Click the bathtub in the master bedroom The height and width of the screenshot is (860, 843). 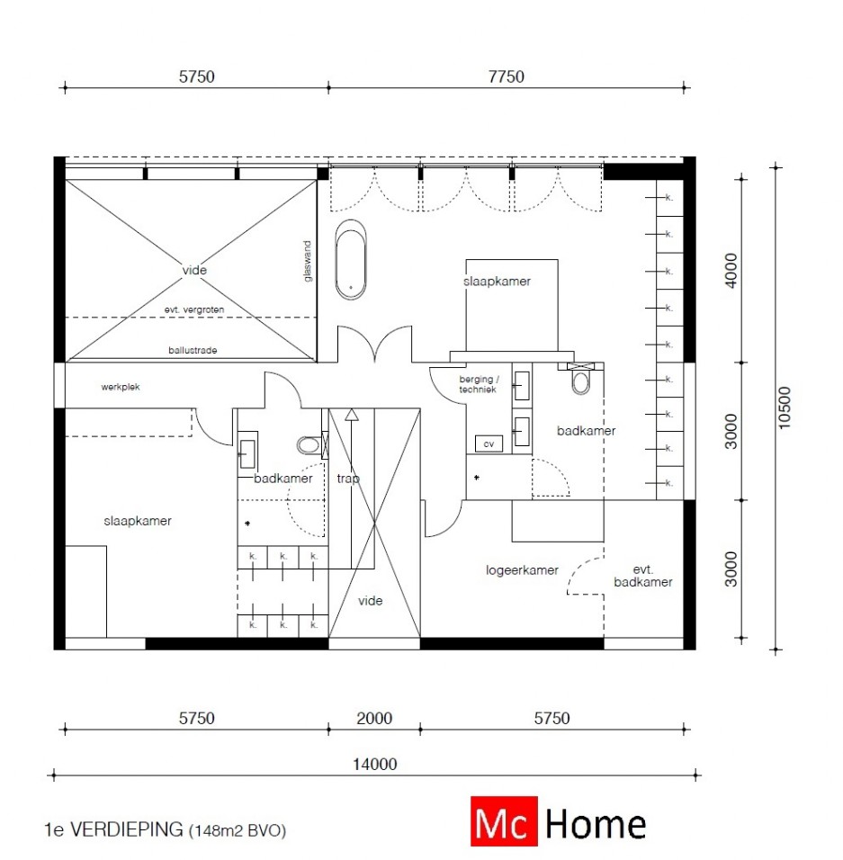(x=351, y=260)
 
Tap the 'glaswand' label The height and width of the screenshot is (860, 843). (x=308, y=261)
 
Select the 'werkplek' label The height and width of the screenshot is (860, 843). (x=121, y=387)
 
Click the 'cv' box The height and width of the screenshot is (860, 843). (x=489, y=443)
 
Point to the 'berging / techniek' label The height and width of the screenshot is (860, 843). (x=478, y=384)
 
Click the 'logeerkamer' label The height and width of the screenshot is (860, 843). (x=522, y=569)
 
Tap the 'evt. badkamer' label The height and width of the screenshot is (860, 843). (x=642, y=576)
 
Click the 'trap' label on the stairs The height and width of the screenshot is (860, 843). (x=348, y=479)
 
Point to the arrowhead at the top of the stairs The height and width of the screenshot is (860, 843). (x=352, y=415)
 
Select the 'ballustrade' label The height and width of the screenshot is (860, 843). (x=193, y=350)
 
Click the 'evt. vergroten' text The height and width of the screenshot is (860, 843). (x=194, y=309)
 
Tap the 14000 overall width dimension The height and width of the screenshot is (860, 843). (x=374, y=764)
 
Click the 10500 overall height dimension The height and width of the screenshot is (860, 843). (x=785, y=408)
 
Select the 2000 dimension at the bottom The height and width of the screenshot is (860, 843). (x=374, y=718)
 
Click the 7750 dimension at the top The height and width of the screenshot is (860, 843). (x=507, y=76)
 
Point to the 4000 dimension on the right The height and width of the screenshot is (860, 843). (x=731, y=270)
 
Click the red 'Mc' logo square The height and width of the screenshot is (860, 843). (x=504, y=821)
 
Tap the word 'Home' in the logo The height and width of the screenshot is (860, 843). (x=596, y=824)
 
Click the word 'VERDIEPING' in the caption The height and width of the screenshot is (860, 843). (x=127, y=829)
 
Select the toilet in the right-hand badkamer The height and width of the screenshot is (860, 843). (x=581, y=381)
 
